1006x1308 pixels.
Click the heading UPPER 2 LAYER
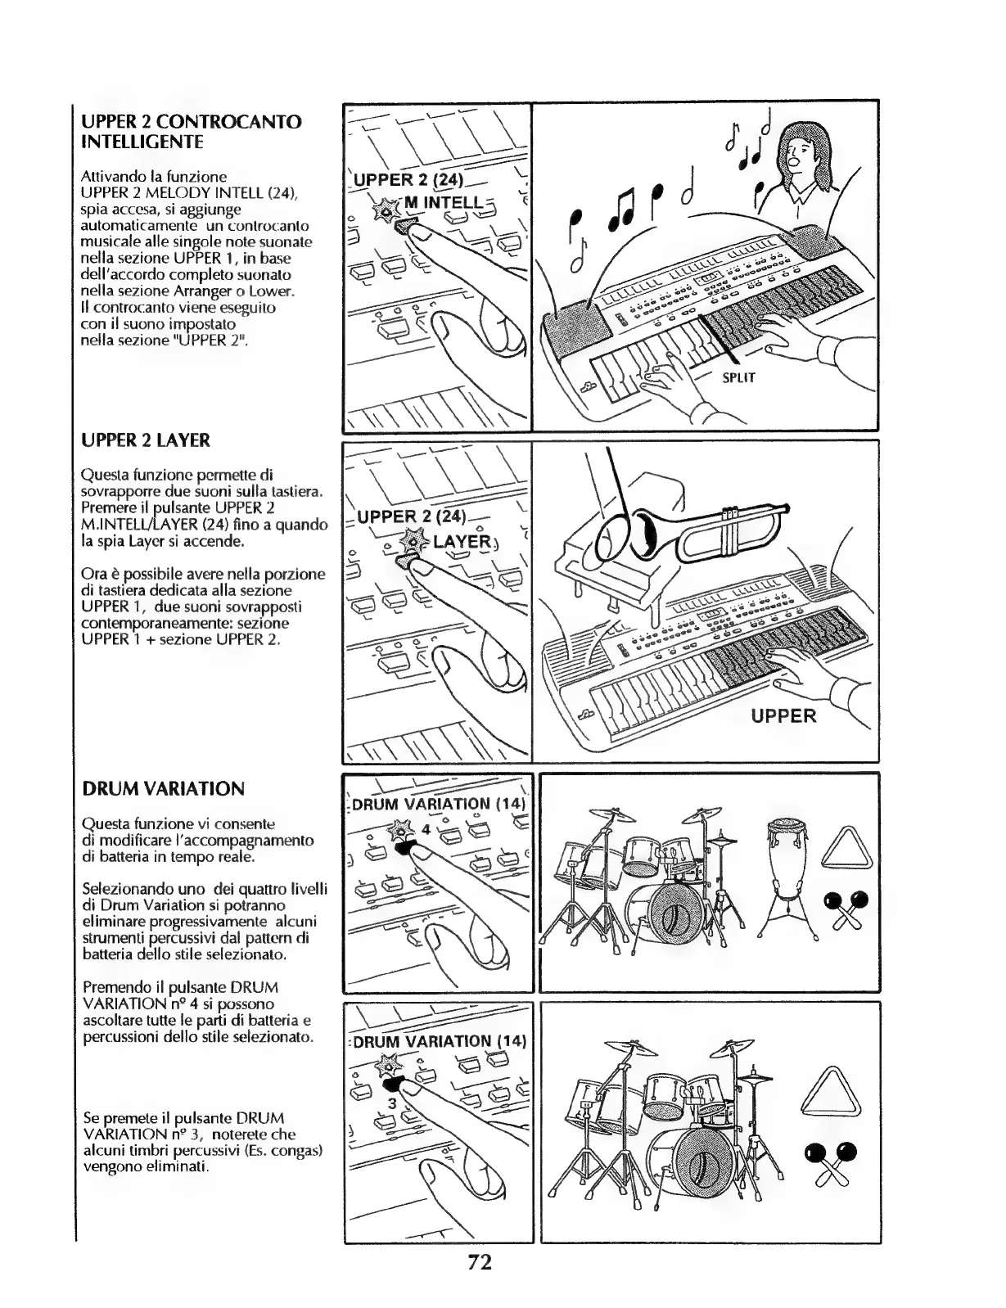pyautogui.click(x=145, y=441)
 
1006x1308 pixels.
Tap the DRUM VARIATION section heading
pyautogui.click(x=163, y=789)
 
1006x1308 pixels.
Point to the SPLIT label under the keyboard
pyautogui.click(x=738, y=377)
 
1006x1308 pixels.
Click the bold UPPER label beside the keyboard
pyautogui.click(x=784, y=716)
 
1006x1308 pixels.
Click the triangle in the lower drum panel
pyautogui.click(x=833, y=1092)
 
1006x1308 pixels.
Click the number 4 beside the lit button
pyautogui.click(x=426, y=829)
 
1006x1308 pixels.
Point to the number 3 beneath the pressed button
pyautogui.click(x=392, y=1104)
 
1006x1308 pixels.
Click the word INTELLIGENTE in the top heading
pyautogui.click(x=142, y=142)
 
